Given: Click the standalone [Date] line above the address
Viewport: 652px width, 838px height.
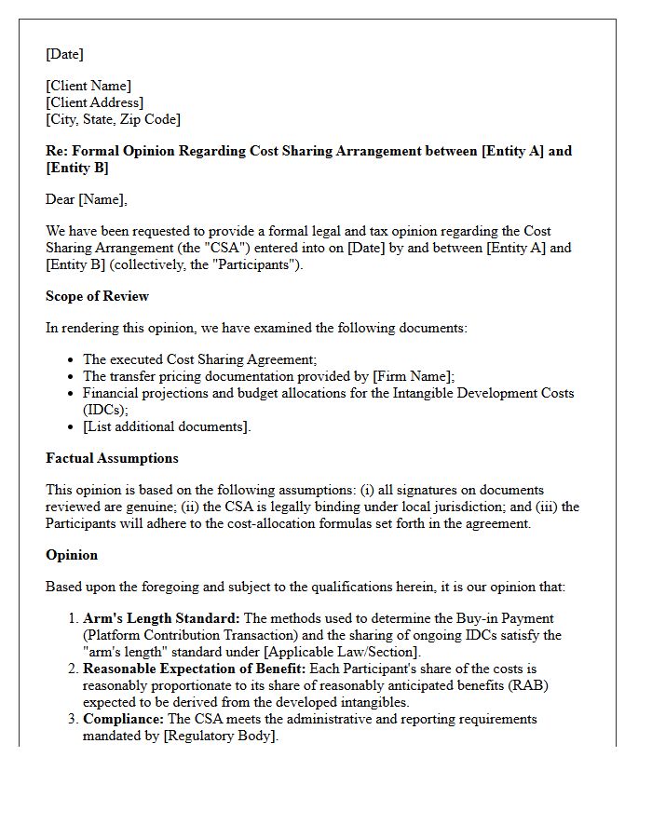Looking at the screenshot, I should pyautogui.click(x=64, y=55).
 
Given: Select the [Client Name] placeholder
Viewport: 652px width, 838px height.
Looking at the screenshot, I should pyautogui.click(x=88, y=87).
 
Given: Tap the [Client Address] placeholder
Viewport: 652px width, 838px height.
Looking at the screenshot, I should pyautogui.click(x=94, y=102).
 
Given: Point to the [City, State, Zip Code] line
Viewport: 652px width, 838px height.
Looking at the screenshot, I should pyautogui.click(x=113, y=119).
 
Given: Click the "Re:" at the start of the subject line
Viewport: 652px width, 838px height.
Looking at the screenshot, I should pyautogui.click(x=56, y=151).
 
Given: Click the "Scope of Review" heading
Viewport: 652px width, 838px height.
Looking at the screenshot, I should pyautogui.click(x=97, y=296).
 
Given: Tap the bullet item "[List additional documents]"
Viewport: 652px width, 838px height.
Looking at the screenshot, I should pyautogui.click(x=167, y=426).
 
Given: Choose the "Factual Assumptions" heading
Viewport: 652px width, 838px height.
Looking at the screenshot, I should pyautogui.click(x=112, y=458).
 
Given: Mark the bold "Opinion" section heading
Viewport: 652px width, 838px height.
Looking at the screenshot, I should pyautogui.click(x=72, y=555).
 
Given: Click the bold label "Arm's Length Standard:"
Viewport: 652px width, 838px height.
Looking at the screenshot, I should pyautogui.click(x=161, y=618).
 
